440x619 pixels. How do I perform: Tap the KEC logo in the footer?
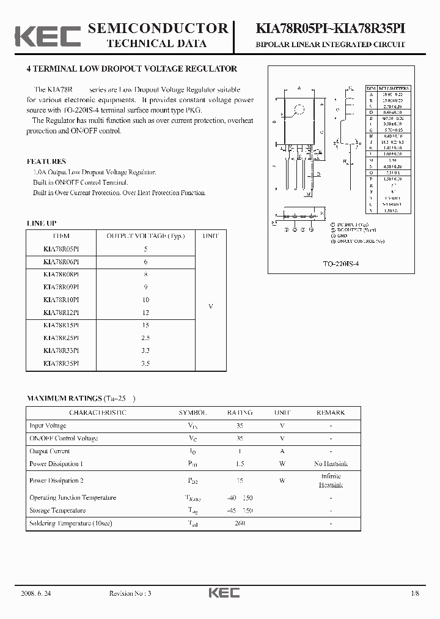coord(224,593)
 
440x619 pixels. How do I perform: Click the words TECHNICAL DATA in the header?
coord(157,43)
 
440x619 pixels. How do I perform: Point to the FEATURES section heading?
coord(46,161)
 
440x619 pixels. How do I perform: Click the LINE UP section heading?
coord(41,223)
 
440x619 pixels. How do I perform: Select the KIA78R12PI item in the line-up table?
coord(61,313)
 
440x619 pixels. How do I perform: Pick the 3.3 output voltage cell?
coord(145,351)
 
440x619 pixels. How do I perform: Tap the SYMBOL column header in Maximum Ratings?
coord(193,413)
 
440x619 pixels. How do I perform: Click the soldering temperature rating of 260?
coord(240,524)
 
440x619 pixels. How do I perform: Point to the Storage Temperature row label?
coord(57,511)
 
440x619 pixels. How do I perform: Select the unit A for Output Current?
coord(282,451)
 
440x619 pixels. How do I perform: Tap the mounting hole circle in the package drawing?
coord(299,111)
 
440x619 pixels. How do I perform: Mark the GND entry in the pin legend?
coord(342,235)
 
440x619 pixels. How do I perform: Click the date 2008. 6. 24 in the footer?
coord(42,593)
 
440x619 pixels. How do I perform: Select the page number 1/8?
coord(416,593)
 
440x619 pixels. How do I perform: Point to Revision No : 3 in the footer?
coord(130,593)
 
